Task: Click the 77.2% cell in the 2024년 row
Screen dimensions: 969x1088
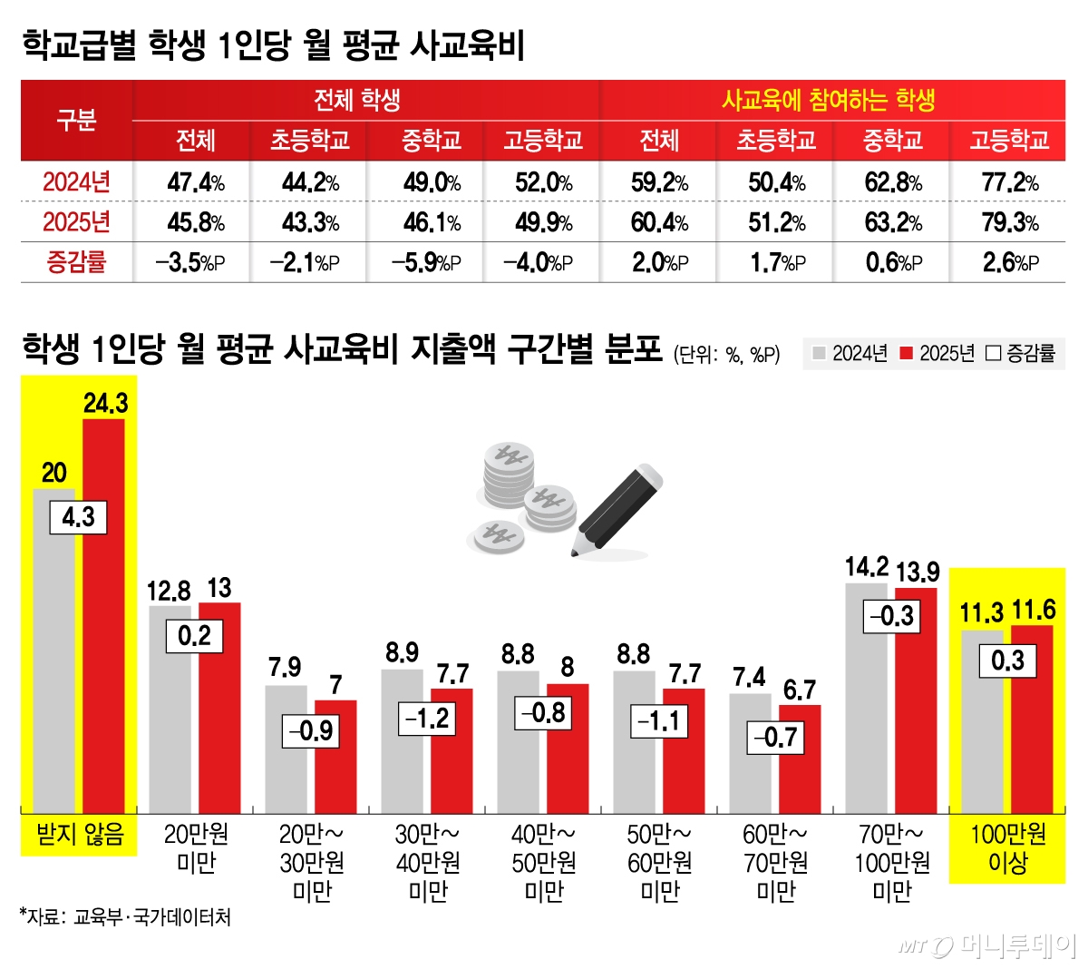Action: pyautogui.click(x=1010, y=182)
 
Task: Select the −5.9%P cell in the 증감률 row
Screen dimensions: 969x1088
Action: pyautogui.click(x=426, y=262)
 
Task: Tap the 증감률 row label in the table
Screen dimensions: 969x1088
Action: pyautogui.click(x=76, y=262)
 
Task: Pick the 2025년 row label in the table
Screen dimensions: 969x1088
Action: pyautogui.click(x=76, y=222)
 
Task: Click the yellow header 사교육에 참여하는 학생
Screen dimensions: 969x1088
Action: pyautogui.click(x=828, y=100)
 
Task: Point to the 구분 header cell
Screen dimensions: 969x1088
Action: pyautogui.click(x=76, y=120)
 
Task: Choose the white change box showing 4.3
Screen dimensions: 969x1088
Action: pyautogui.click(x=78, y=517)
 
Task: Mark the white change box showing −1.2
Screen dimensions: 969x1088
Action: pyautogui.click(x=426, y=719)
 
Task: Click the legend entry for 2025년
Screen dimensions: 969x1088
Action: pyautogui.click(x=937, y=354)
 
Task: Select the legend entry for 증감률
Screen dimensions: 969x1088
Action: pyautogui.click(x=1022, y=354)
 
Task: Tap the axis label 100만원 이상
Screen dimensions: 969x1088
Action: pyautogui.click(x=1007, y=848)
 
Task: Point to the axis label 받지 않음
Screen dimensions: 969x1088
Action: pyautogui.click(x=79, y=834)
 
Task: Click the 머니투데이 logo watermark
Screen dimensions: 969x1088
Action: pyautogui.click(x=988, y=945)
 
